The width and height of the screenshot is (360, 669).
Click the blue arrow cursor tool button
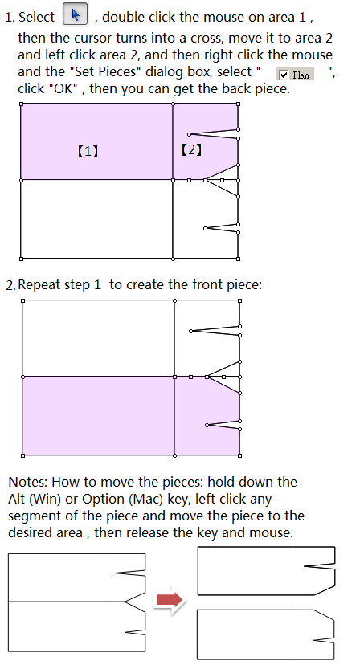click(76, 14)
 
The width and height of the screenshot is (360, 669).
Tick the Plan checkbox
click(284, 75)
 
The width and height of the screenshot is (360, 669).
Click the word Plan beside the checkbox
click(301, 75)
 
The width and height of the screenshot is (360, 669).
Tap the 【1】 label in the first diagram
click(88, 152)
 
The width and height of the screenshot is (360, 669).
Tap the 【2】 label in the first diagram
click(192, 149)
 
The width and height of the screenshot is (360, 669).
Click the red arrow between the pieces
click(170, 600)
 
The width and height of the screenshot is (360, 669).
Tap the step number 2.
click(11, 285)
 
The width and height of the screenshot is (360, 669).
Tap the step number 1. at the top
click(10, 18)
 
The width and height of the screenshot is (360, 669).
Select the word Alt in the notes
click(15, 499)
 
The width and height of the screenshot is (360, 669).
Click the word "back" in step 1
click(233, 88)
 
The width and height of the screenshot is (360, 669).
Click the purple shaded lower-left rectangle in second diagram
click(98, 416)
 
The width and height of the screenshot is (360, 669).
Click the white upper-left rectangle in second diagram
click(98, 338)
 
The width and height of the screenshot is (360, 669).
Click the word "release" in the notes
click(150, 533)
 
